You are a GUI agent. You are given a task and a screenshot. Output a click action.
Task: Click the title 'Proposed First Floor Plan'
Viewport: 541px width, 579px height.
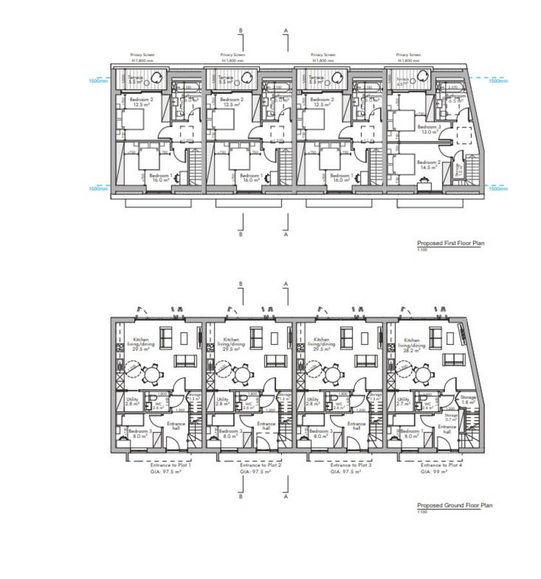click(450, 243)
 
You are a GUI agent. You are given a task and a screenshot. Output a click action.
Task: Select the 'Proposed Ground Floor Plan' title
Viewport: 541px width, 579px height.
click(454, 505)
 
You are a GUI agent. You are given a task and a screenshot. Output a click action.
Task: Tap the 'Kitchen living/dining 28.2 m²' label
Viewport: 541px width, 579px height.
click(412, 345)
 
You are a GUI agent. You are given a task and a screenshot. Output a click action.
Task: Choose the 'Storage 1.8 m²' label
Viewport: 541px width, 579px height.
click(468, 400)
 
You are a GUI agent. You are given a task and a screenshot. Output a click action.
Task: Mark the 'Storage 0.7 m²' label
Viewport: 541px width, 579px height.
click(451, 418)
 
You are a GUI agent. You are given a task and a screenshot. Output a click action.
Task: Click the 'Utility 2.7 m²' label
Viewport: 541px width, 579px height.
click(403, 401)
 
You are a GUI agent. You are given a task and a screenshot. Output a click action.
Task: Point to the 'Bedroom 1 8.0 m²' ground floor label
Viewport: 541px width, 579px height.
click(410, 433)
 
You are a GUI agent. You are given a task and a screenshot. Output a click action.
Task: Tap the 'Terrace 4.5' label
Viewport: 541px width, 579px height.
click(401, 80)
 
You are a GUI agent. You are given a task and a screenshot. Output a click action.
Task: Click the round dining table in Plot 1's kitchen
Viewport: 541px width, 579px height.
click(152, 372)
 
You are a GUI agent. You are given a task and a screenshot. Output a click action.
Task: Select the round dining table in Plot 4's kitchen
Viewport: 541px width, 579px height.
click(423, 372)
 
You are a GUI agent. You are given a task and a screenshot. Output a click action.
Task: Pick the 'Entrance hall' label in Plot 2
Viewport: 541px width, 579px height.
click(266, 427)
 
